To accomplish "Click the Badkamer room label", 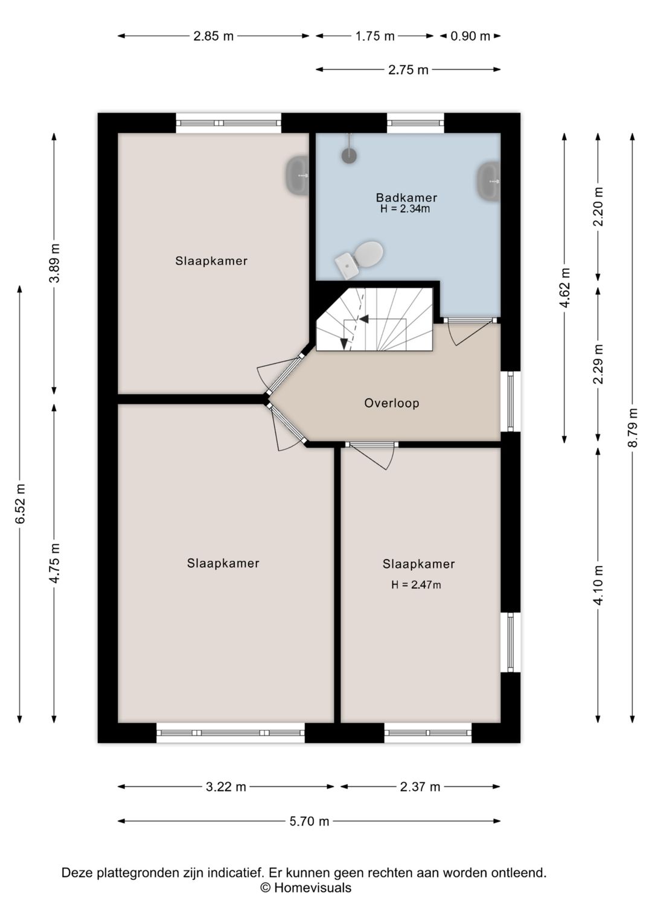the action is [406, 197].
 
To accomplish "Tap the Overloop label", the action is [392, 403].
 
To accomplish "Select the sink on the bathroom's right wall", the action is [488, 182].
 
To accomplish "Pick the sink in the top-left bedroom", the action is [298, 175].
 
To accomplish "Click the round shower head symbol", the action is [349, 156].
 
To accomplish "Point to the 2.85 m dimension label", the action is [214, 36].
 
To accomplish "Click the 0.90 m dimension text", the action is [470, 36].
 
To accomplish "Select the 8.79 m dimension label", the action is [633, 427].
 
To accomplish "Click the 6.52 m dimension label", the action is [21, 504].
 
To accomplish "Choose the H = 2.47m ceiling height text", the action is [416, 585].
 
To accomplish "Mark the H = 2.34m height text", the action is [405, 209].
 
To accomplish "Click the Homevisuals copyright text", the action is [305, 888].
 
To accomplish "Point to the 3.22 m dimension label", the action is [226, 787].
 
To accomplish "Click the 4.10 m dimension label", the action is [599, 585].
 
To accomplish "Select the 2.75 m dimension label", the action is [408, 70].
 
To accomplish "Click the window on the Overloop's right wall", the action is [511, 401].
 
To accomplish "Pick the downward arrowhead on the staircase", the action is [344, 344].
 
